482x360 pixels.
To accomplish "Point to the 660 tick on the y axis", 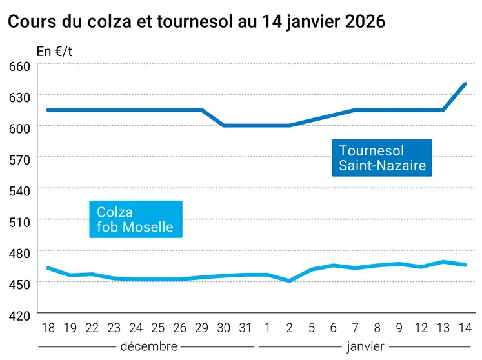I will pyautogui.click(x=19, y=67).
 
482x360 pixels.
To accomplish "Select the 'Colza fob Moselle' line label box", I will pyautogui.click(x=135, y=219).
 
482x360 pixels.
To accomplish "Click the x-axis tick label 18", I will pyautogui.click(x=48, y=328).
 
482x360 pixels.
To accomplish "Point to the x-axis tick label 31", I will pyautogui.click(x=245, y=328).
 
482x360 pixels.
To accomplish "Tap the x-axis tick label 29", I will pyautogui.click(x=202, y=328).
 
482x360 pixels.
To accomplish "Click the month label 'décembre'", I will pyautogui.click(x=148, y=346).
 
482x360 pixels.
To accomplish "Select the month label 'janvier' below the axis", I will pyautogui.click(x=365, y=346).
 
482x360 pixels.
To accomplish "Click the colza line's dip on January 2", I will pyautogui.click(x=290, y=281).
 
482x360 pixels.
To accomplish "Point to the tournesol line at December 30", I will pyautogui.click(x=224, y=125).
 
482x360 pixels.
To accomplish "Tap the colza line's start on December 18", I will pyautogui.click(x=48, y=268).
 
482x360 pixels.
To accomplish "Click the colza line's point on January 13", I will pyautogui.click(x=443, y=261).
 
